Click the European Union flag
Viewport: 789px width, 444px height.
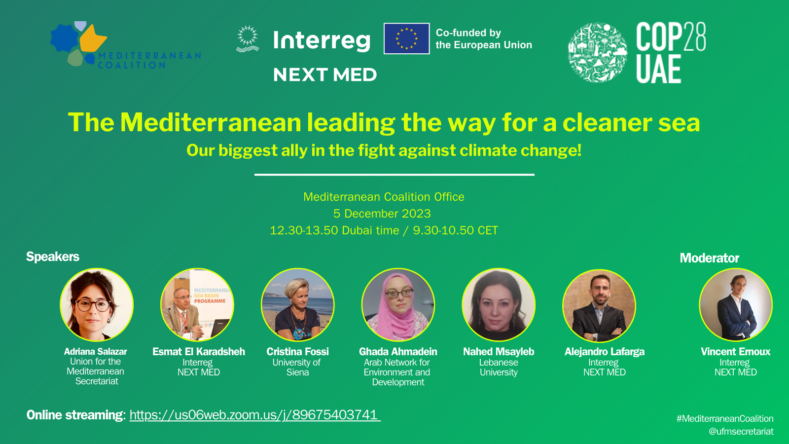[x=406, y=38]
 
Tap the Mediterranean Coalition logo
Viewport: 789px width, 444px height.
[x=125, y=45]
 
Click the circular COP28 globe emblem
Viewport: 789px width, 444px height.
[x=597, y=52]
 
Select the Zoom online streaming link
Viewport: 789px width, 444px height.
[x=255, y=415]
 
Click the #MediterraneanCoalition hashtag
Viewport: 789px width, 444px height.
[x=725, y=419]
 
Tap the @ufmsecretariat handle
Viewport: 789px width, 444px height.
[x=741, y=431]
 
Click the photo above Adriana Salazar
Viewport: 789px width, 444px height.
[x=97, y=305]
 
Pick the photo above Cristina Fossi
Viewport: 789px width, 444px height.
[x=298, y=305]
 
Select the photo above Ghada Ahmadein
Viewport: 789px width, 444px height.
[x=398, y=305]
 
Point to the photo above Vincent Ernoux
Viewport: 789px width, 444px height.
[x=735, y=305]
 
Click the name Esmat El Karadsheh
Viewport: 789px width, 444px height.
[x=199, y=352]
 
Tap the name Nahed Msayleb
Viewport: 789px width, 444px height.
[x=499, y=352]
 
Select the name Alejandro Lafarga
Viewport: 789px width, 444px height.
[x=605, y=352]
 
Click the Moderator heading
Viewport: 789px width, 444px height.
[x=710, y=258]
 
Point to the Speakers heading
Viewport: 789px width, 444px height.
[x=53, y=257]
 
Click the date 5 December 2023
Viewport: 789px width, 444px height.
[x=382, y=214]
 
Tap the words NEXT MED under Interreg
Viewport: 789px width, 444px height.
[x=325, y=74]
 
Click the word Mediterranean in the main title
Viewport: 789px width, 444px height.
[x=211, y=123]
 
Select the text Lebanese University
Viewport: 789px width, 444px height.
[x=499, y=367]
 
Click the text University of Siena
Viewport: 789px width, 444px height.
[x=296, y=367]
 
